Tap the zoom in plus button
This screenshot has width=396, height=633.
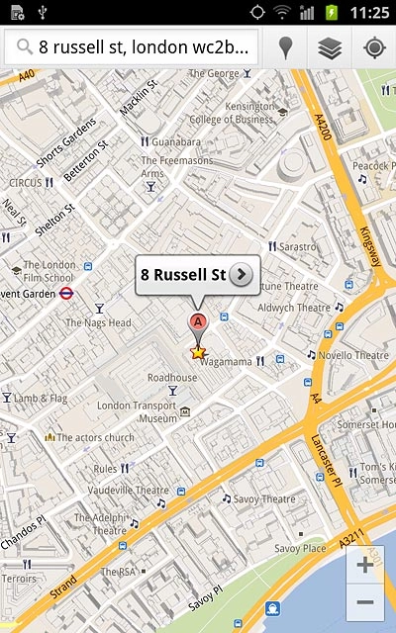(x=365, y=565)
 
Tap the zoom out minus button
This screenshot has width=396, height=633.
(x=365, y=602)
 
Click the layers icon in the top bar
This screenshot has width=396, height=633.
(x=330, y=47)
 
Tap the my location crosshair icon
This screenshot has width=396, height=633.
(x=374, y=47)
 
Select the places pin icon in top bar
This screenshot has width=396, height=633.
(x=286, y=47)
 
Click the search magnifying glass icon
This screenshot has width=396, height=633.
(x=22, y=47)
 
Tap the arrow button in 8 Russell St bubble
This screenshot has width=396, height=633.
(x=242, y=274)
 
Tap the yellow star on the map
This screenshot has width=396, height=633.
(x=198, y=351)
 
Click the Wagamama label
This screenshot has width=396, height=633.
(x=226, y=362)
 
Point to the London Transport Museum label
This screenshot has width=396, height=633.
(x=136, y=411)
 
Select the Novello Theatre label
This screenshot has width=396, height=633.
(x=353, y=355)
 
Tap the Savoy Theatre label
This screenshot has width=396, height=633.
(x=264, y=499)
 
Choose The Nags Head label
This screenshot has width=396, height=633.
(x=98, y=322)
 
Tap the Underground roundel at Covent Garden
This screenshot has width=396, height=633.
(x=65, y=293)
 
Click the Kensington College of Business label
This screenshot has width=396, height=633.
(x=234, y=112)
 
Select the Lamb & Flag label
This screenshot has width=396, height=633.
(x=40, y=399)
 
